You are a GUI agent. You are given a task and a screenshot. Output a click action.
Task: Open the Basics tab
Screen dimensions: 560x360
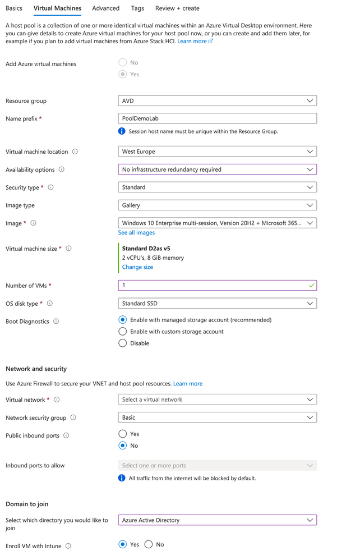(14, 8)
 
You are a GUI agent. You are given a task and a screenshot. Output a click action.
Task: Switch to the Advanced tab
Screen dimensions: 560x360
(105, 8)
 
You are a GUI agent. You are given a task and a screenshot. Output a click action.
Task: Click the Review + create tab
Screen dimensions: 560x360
(177, 8)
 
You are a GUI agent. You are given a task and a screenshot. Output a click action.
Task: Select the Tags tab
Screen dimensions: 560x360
(137, 8)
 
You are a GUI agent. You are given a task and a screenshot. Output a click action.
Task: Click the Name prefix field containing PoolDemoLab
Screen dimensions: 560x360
(217, 118)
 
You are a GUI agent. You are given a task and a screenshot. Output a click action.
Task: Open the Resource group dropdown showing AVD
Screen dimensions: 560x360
(217, 101)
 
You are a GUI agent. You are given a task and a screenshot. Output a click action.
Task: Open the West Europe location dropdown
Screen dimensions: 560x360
(217, 152)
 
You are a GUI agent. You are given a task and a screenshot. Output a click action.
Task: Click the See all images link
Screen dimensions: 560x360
(136, 233)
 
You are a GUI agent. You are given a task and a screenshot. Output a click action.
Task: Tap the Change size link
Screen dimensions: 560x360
(137, 267)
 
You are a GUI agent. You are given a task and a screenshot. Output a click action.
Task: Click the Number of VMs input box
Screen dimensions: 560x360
(217, 286)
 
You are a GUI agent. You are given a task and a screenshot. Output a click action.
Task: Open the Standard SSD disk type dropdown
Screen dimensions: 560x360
(217, 304)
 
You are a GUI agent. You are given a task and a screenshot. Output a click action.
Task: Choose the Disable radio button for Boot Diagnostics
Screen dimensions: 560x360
(123, 343)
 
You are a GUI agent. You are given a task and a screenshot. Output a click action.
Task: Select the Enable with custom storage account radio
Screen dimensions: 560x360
(123, 332)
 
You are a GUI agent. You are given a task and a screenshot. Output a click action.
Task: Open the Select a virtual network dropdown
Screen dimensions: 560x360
(217, 400)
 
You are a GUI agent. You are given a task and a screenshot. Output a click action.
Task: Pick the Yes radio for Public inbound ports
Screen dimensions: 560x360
(123, 434)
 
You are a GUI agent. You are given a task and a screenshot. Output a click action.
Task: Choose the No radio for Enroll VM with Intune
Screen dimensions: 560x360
(149, 544)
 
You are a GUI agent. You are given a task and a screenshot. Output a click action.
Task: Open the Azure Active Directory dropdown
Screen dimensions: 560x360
(217, 520)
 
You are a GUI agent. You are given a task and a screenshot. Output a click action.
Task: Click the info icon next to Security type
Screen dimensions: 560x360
(50, 187)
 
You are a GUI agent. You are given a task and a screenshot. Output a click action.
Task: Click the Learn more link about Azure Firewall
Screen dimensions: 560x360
(188, 384)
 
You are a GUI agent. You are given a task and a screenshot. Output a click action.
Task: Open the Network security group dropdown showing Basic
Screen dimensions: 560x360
(217, 417)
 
